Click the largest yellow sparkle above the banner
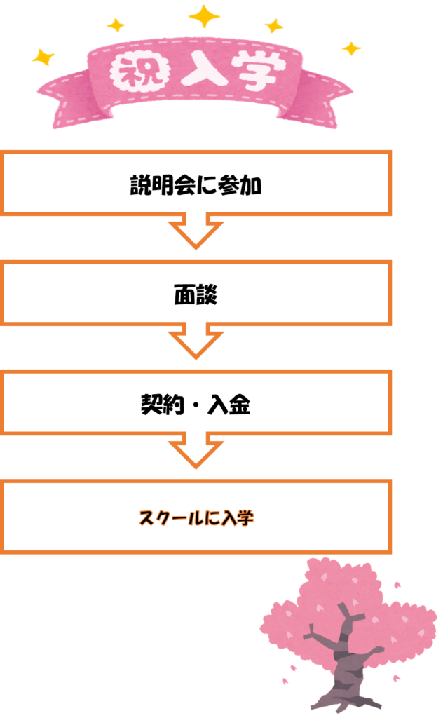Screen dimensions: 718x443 coord(204,15)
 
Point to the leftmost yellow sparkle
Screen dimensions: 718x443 coord(43,57)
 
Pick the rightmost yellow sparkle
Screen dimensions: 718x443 coord(350,48)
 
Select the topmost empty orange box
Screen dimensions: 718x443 coord(196,182)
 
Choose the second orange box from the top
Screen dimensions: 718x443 coord(196,292)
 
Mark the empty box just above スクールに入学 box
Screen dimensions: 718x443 coord(196,402)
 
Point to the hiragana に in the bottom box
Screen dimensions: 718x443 coord(212,519)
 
